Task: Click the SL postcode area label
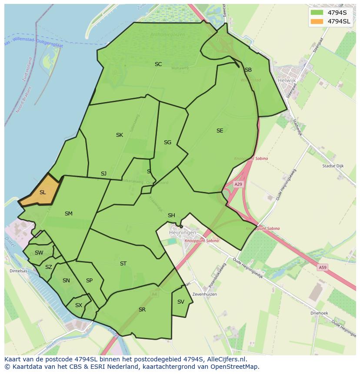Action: point(43,192)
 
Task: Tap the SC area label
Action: point(158,64)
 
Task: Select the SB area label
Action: point(248,70)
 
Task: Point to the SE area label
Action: point(220,131)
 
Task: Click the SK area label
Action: point(119,135)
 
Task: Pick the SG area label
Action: point(167,142)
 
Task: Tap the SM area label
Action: point(68,214)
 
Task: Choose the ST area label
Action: point(123,264)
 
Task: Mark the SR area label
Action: point(142,310)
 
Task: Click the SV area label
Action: point(181,302)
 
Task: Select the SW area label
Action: point(39,253)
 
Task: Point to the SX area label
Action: point(78,305)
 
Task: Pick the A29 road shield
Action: point(238,184)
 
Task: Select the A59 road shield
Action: point(322,268)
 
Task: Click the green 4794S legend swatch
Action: point(317,12)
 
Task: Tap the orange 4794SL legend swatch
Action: point(317,21)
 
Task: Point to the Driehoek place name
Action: point(319,313)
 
